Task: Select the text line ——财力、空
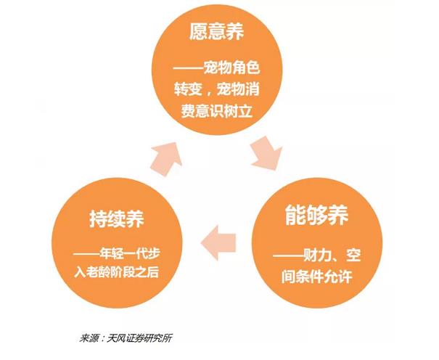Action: click(319, 255)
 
